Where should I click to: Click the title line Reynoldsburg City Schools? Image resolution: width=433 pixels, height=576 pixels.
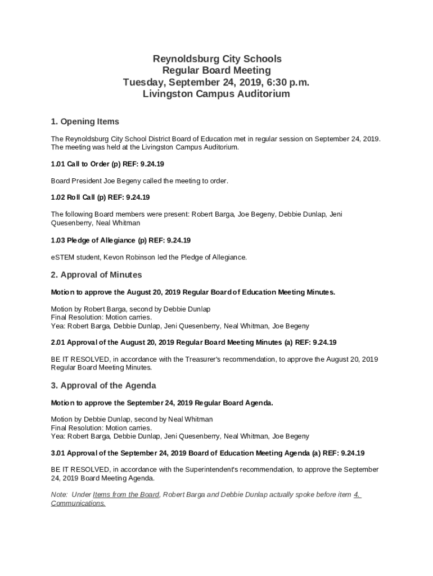216,58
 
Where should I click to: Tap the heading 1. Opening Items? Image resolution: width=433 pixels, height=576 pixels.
85,121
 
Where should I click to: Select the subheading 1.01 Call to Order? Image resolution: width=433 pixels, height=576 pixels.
107,164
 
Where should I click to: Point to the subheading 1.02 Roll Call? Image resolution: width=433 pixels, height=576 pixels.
100,197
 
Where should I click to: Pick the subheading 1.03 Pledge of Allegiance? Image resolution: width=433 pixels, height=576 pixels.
120,240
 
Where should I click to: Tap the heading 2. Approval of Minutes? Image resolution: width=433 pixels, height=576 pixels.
96,275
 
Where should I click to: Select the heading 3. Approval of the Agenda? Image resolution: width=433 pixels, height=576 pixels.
103,386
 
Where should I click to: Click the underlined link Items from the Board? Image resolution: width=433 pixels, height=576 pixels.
126,494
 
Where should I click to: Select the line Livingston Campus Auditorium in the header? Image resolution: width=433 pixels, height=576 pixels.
216,94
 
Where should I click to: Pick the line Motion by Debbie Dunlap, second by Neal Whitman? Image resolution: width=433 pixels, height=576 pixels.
132,419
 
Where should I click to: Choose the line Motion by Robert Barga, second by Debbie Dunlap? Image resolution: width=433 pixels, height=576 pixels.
130,309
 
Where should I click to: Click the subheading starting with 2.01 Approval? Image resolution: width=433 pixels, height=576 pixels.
193,342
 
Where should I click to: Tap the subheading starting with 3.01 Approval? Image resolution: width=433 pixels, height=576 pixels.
208,453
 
